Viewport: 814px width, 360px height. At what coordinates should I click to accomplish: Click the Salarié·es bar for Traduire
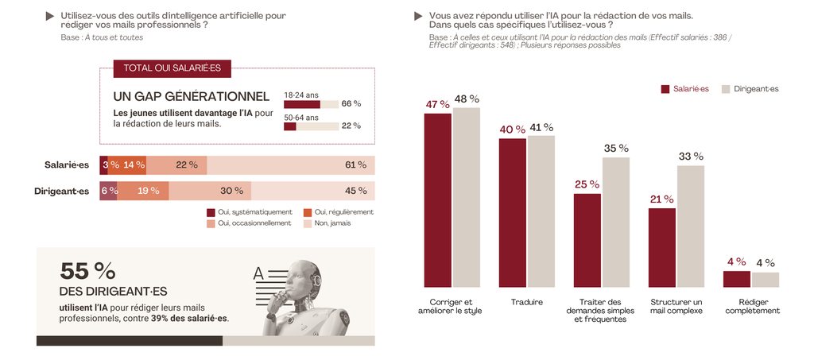point(512,212)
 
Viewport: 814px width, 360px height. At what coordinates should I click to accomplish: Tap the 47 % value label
point(437,104)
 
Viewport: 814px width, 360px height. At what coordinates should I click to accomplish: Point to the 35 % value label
point(616,148)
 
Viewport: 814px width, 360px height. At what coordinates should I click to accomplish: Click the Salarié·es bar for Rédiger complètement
point(736,278)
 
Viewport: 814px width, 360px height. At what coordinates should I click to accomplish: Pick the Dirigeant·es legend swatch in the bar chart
point(726,89)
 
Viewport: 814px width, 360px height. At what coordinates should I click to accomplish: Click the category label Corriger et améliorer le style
point(451,306)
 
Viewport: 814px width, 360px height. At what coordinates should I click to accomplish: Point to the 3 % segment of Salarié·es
point(103,165)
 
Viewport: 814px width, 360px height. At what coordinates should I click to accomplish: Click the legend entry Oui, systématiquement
point(244,212)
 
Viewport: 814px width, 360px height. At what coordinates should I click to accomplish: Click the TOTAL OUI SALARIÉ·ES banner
point(172,69)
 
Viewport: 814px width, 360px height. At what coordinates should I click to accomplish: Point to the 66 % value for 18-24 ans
point(351,104)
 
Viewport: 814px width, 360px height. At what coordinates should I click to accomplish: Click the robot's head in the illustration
point(303,277)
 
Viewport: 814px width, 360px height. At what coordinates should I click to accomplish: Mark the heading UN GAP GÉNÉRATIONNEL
point(180,96)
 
